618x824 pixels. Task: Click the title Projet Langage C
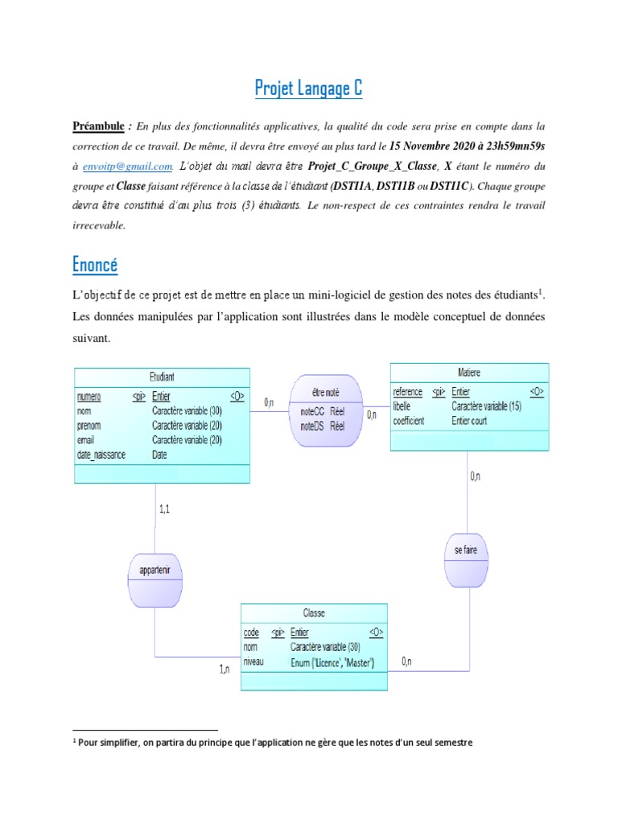coord(309,88)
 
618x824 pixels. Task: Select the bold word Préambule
coord(99,126)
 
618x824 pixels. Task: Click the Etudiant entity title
coord(162,376)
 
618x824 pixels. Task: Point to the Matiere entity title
coord(469,372)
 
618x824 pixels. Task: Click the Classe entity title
coord(314,612)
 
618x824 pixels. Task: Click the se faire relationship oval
coord(467,551)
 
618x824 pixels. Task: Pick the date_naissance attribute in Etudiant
coord(101,455)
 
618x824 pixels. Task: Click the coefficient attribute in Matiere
coord(409,421)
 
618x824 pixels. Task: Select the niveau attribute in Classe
coord(253,662)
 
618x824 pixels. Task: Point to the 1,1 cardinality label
coord(164,509)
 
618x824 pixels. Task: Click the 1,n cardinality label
coord(225,669)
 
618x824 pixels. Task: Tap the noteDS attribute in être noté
coord(312,426)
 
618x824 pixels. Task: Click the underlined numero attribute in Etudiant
coord(89,396)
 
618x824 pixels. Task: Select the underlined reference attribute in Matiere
coord(408,392)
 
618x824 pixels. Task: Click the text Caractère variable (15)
coord(487,406)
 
